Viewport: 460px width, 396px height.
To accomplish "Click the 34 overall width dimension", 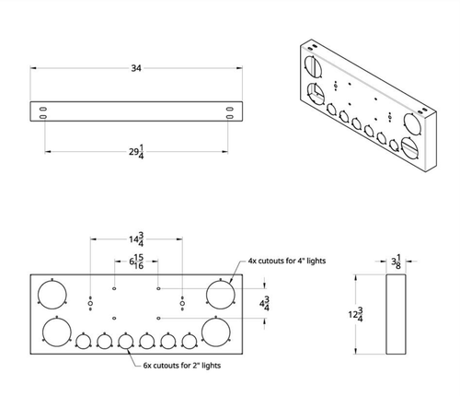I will click(135, 67).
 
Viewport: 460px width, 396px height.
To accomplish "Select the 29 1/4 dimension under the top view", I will click(135, 150).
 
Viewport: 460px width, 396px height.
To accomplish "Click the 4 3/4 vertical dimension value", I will click(265, 303).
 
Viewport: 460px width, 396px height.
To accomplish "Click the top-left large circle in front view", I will click(53, 294).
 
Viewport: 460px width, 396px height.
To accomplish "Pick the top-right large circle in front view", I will click(220, 294).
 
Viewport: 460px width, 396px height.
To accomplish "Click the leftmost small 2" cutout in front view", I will click(83, 343).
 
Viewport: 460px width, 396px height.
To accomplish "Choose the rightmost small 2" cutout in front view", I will click(190, 343).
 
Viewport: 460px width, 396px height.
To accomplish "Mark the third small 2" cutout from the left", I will click(126, 343).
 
